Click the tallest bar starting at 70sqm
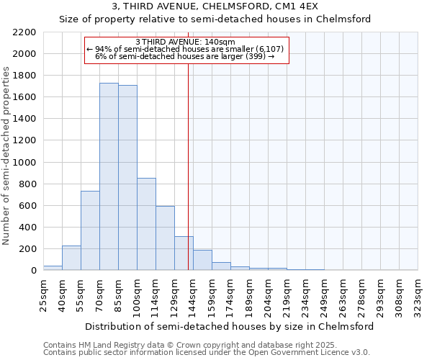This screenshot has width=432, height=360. [109, 176]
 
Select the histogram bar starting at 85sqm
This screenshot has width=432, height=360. [127, 178]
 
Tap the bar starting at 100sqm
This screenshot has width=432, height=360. [146, 224]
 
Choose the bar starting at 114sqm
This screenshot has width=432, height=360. [165, 238]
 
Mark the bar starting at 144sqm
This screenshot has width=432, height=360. [202, 260]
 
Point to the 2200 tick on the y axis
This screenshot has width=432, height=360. [25, 32]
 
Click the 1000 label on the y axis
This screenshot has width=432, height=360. [25, 163]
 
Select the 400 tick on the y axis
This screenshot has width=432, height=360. [28, 228]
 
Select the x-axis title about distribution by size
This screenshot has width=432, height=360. [230, 326]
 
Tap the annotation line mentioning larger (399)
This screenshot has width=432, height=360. [185, 56]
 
